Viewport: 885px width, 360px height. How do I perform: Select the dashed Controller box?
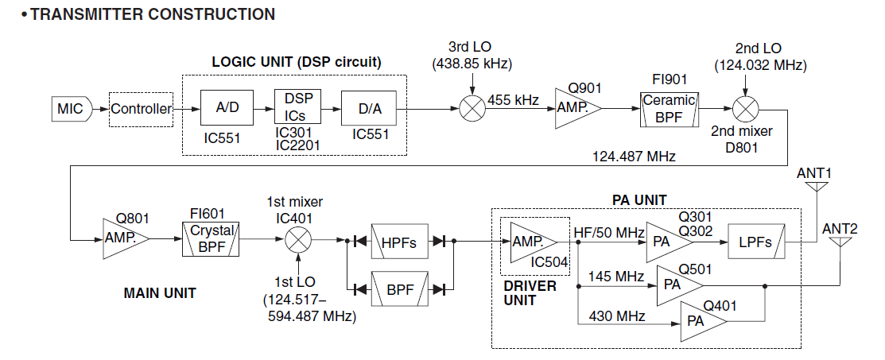tap(141, 109)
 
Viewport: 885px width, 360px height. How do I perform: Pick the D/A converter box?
tap(368, 109)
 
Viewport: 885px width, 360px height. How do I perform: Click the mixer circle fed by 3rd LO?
tap(472, 109)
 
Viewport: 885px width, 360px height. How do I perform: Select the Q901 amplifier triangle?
tap(574, 109)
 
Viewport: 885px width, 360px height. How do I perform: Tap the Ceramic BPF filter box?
tap(669, 109)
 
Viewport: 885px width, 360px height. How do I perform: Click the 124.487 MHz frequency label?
tap(633, 157)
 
